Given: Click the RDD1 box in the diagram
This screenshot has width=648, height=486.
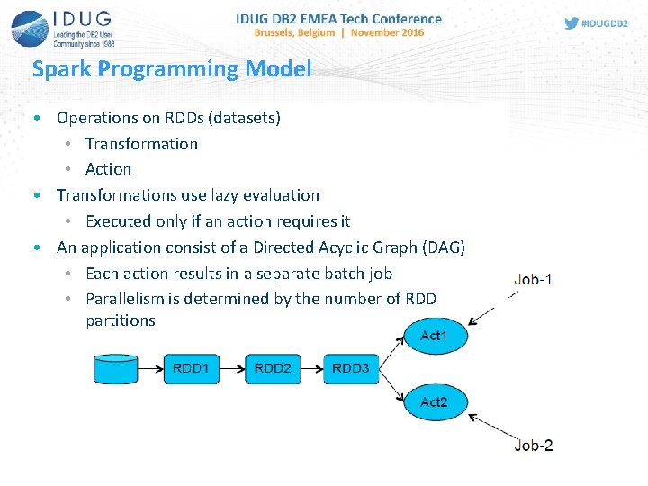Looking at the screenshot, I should click(192, 368).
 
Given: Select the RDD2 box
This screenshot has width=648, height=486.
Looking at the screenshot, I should click(272, 368).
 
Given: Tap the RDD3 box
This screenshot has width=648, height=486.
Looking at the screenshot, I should click(350, 368).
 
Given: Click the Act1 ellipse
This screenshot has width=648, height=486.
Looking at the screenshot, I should click(433, 336).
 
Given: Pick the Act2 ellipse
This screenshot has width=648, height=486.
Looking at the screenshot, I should click(433, 401).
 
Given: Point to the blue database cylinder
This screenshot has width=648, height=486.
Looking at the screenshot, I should click(115, 369).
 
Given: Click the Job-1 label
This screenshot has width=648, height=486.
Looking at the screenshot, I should click(533, 279).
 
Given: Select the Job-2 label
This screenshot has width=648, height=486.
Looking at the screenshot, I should click(533, 445).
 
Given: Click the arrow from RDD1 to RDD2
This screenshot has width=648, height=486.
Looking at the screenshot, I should click(232, 368).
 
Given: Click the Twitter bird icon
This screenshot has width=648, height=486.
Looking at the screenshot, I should click(571, 23).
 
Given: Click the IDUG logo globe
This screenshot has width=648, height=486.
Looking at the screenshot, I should click(29, 27).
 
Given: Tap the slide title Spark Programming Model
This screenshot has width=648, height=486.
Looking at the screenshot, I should click(171, 69).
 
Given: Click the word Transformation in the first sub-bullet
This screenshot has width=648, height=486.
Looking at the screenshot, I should click(141, 144).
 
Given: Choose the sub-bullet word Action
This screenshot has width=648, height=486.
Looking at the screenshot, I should click(108, 169).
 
